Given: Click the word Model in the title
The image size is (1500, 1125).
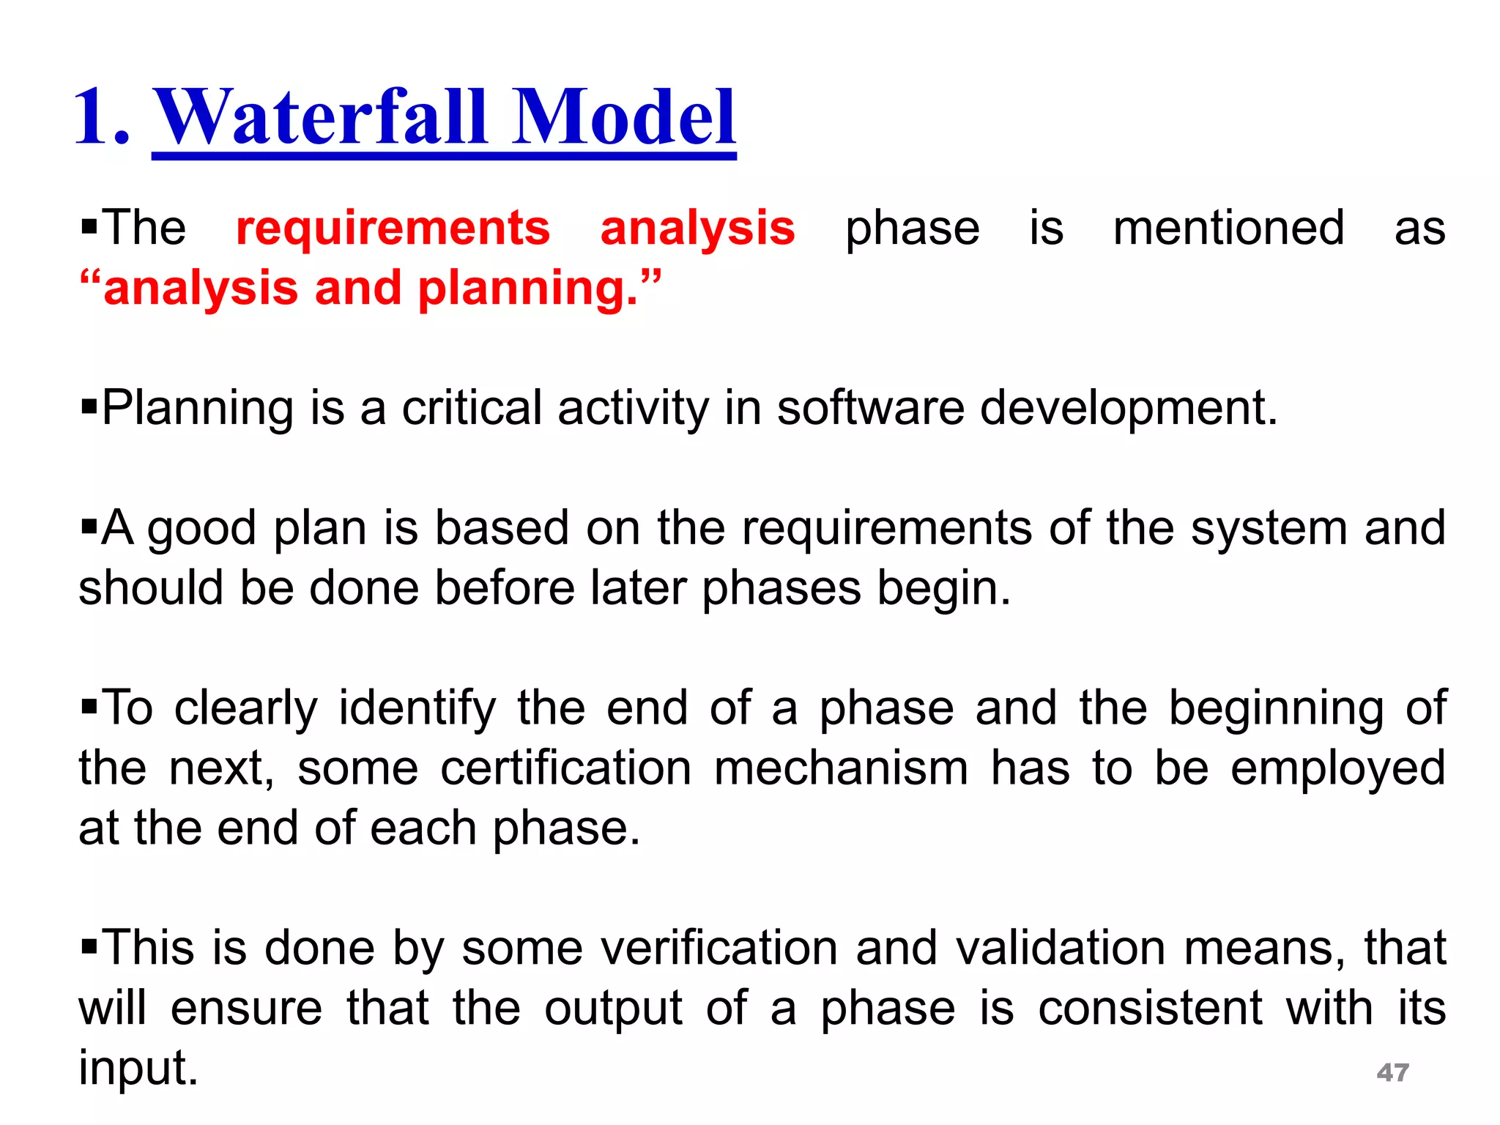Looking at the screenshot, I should [x=623, y=117].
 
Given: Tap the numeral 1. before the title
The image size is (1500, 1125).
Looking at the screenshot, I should [x=103, y=117].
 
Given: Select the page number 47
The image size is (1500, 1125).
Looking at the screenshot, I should [x=1392, y=1072].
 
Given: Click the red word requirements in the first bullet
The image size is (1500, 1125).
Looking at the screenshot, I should [x=393, y=229].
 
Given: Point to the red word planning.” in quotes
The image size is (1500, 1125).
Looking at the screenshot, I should [x=539, y=288].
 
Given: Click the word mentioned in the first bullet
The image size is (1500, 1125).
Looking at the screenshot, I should [x=1228, y=229].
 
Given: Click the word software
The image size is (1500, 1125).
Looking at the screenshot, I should [x=870, y=408].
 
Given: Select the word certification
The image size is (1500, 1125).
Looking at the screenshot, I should [x=565, y=768].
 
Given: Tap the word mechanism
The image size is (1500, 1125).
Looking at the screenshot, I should [x=841, y=768].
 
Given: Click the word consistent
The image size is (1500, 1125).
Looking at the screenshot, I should [x=1150, y=1008].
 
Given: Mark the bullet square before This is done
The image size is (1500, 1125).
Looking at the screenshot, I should [x=89, y=947].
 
